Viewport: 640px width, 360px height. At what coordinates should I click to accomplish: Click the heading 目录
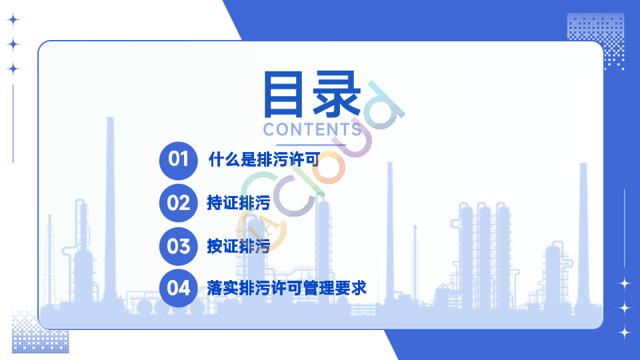(x=312, y=94)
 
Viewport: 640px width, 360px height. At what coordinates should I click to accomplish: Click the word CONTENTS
(x=312, y=129)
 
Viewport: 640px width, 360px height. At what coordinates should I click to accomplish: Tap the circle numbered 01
(x=179, y=161)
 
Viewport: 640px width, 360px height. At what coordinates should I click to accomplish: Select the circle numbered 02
(x=179, y=203)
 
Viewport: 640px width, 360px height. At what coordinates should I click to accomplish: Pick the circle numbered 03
(x=179, y=246)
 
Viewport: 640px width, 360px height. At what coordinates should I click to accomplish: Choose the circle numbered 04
(x=179, y=288)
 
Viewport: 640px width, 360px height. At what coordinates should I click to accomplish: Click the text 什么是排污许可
(x=264, y=159)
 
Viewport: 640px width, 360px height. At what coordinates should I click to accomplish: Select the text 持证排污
(x=239, y=203)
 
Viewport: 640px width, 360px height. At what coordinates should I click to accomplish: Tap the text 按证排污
(x=239, y=246)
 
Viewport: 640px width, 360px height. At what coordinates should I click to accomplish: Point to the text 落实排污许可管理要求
(x=287, y=288)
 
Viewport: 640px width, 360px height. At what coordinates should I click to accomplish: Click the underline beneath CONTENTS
(x=311, y=145)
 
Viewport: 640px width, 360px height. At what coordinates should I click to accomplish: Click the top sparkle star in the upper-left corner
(x=13, y=19)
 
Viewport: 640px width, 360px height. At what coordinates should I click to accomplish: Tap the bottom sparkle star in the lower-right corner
(x=625, y=333)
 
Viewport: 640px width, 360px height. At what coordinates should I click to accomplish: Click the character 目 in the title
(x=283, y=94)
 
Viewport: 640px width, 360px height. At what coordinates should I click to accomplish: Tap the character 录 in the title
(x=337, y=94)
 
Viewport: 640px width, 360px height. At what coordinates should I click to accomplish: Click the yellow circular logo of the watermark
(x=261, y=229)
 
